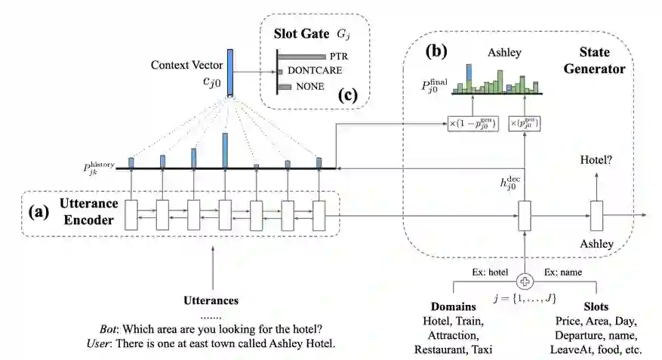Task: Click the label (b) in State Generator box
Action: point(439,52)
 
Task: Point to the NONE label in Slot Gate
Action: point(309,87)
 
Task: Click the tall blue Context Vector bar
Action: point(229,72)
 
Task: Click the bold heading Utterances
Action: point(211,300)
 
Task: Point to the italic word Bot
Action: point(109,329)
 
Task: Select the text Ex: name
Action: point(560,271)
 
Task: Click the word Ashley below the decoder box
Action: point(596,244)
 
